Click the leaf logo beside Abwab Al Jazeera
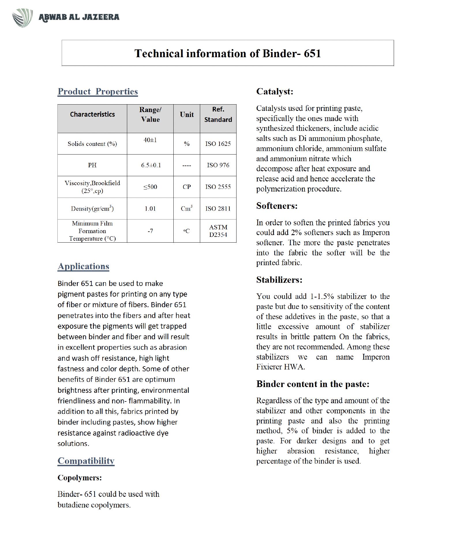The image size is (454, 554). click(22, 18)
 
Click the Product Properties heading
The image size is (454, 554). click(97, 92)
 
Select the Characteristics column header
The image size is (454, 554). click(92, 114)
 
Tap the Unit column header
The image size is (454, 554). click(187, 115)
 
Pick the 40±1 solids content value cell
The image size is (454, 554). click(150, 140)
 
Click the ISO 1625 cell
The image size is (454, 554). click(218, 144)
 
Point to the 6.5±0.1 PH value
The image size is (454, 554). click(151, 165)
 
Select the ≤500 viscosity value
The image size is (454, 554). click(150, 187)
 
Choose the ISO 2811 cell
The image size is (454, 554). click(218, 209)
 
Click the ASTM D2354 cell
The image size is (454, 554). click(218, 231)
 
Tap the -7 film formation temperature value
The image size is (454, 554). click(150, 231)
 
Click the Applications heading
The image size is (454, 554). click(83, 266)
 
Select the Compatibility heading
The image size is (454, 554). click(86, 461)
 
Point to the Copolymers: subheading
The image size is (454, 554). click(80, 478)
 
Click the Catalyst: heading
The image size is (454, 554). click(275, 92)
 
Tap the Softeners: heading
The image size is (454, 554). click(277, 206)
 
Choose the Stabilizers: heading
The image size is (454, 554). click(279, 280)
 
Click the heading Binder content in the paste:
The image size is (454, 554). click(313, 384)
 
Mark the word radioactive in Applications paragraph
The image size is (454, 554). click(131, 433)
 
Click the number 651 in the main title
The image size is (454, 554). click(312, 53)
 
